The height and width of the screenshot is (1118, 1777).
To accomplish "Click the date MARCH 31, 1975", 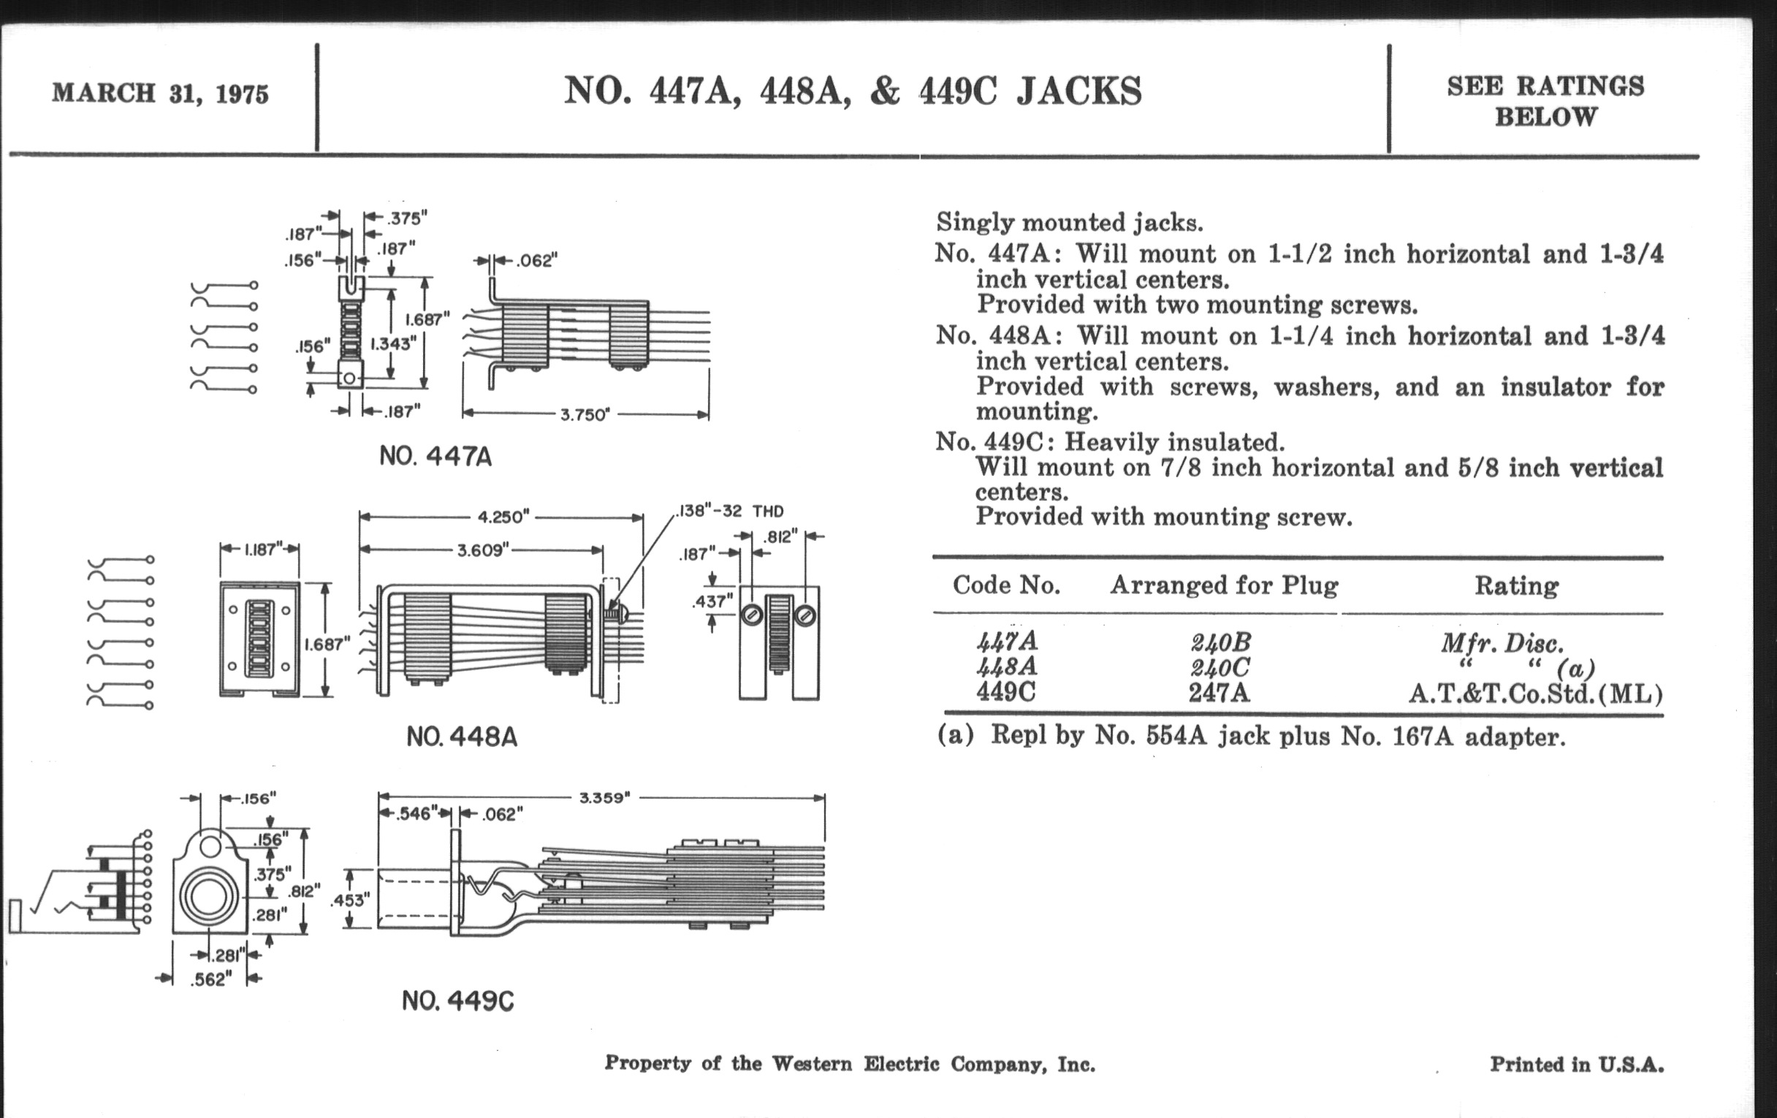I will coord(160,94).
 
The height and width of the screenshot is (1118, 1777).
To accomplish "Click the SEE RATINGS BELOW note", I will coord(1545,101).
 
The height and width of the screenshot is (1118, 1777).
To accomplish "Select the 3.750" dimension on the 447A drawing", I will coord(585,415).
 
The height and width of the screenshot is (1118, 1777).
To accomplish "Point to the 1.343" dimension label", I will coord(393,343).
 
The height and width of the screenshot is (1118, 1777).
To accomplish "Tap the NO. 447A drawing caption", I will coord(435,457).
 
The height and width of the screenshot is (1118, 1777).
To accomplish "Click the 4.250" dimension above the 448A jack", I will coord(504,517).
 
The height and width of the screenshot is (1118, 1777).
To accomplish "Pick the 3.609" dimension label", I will coord(483,550).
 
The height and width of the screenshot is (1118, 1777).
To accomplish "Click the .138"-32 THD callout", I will coord(730,511).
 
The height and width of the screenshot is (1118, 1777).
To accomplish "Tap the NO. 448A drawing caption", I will coord(462,737).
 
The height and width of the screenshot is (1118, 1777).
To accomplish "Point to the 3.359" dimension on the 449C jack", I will coord(604,798).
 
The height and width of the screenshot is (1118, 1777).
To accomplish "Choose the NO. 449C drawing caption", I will coord(457,1001).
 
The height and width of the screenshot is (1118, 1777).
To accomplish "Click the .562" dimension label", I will coord(211,980).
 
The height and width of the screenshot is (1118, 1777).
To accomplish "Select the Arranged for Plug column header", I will coord(1224,585).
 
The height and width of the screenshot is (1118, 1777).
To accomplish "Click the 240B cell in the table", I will coord(1220,643).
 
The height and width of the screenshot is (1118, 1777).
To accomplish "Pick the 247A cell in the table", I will coord(1219,693).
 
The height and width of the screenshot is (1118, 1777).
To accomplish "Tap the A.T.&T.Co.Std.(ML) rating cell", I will coord(1535,694).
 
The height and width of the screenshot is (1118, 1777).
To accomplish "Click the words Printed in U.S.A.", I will coord(1577,1064).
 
